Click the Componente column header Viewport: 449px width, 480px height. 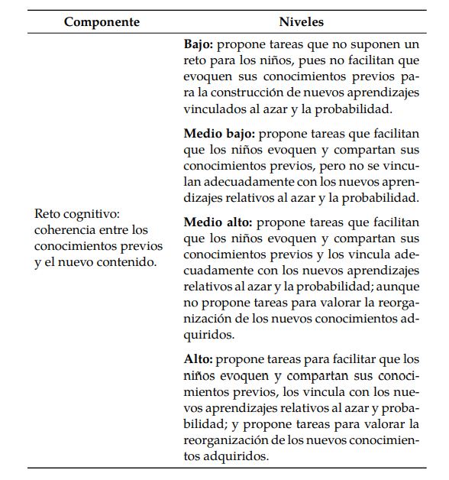[102, 22]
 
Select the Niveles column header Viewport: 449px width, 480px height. [302, 22]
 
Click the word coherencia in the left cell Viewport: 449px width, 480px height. [67, 230]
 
